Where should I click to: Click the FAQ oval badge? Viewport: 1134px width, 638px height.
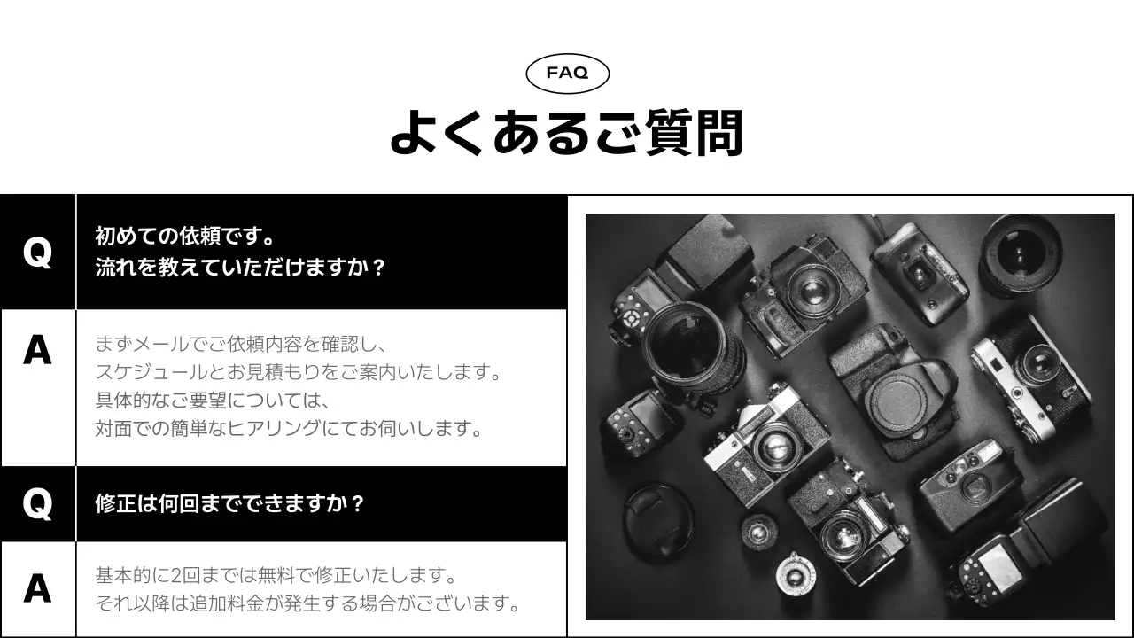(x=567, y=74)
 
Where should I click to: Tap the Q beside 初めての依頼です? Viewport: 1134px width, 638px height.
(x=37, y=253)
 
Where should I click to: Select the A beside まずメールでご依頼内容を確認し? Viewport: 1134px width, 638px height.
(x=37, y=351)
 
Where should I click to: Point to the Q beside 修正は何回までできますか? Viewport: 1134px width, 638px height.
(x=37, y=504)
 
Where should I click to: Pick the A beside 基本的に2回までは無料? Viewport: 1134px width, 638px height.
(x=37, y=588)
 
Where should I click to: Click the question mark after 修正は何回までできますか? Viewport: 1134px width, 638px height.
(x=356, y=504)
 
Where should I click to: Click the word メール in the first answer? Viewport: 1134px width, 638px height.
(x=163, y=344)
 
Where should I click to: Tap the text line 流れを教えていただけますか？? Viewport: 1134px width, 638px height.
(x=241, y=268)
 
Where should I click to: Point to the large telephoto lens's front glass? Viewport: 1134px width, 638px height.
(x=680, y=341)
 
